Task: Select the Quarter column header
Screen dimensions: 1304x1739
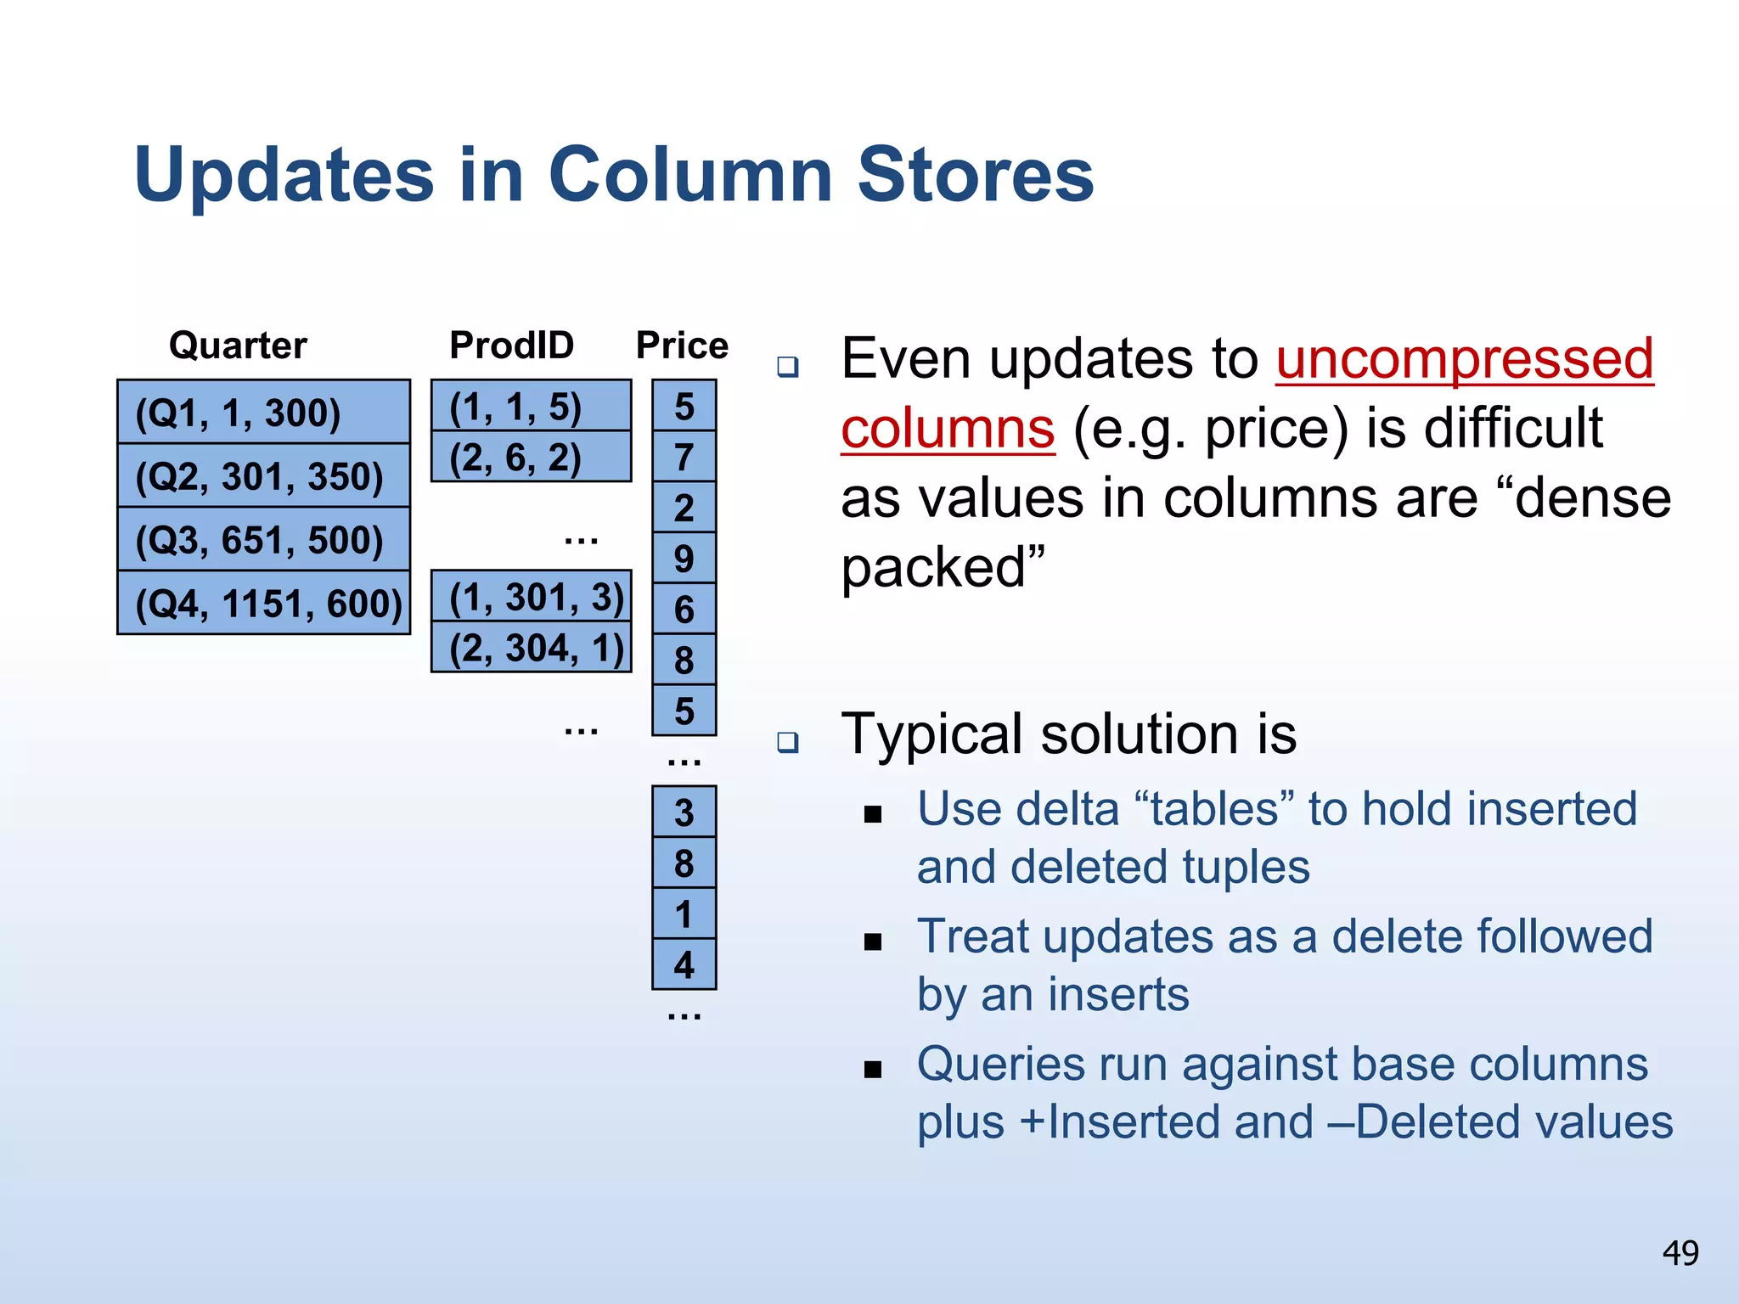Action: pos(238,346)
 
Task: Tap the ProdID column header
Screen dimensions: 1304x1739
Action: pos(511,346)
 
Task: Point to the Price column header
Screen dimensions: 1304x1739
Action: pos(682,346)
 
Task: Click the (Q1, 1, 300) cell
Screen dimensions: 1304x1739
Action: pos(263,413)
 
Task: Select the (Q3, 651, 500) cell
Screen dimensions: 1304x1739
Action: pos(263,540)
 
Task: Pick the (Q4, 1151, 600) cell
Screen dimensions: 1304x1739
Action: pos(263,604)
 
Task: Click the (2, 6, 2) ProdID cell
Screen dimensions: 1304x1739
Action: pos(531,458)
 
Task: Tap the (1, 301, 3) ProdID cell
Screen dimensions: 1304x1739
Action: pos(531,597)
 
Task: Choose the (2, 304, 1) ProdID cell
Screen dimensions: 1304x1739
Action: pos(531,648)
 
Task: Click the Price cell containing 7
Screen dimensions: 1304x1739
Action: pos(684,458)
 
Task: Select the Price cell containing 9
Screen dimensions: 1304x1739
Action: pos(684,559)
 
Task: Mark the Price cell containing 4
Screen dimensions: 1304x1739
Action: pos(684,965)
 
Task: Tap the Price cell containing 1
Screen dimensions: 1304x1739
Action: pos(684,914)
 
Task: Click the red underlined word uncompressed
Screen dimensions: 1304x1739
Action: pos(1464,358)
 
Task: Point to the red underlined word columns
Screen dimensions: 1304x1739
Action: pos(948,428)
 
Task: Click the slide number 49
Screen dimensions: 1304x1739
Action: pos(1680,1253)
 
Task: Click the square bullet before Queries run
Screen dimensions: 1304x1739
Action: pos(873,1070)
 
